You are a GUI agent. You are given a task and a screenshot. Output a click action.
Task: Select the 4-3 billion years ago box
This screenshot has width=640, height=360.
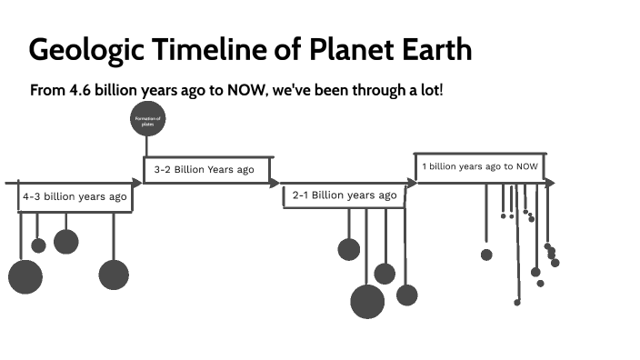[75, 197]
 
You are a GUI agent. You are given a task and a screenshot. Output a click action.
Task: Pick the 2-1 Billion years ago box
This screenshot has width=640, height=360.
[344, 196]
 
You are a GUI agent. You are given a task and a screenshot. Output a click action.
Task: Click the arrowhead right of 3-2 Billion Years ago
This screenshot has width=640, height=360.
[274, 183]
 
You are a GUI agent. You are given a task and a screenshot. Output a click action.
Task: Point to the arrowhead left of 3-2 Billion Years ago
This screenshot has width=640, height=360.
[137, 183]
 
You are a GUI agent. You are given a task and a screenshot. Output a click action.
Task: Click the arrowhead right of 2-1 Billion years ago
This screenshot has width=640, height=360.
[412, 183]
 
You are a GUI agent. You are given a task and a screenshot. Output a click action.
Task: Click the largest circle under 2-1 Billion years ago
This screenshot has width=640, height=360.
[367, 302]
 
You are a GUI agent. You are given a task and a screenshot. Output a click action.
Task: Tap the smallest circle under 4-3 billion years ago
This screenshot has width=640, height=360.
[38, 245]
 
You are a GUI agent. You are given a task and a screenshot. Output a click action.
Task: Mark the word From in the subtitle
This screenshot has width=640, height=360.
[46, 92]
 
